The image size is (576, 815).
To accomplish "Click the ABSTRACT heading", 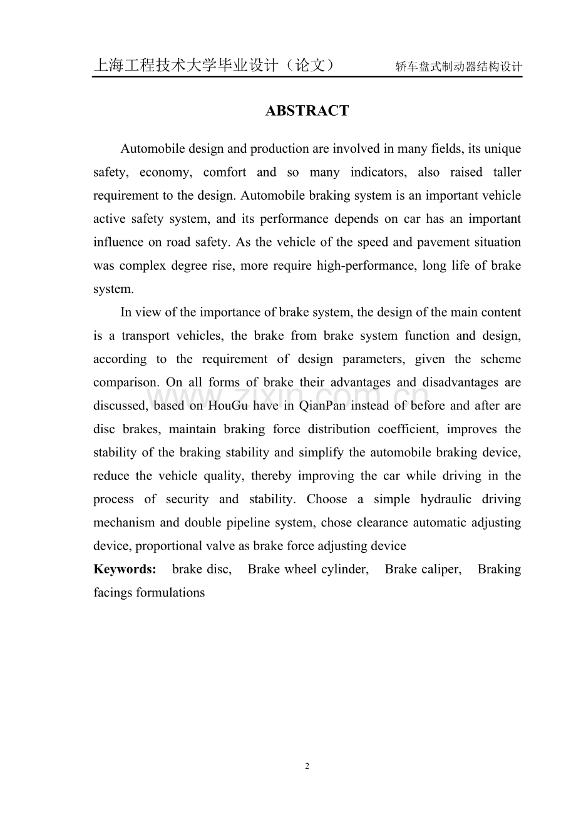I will pos(307,111).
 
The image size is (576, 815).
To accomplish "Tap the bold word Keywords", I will pos(125,570).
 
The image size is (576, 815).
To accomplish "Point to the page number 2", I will pos(307,766).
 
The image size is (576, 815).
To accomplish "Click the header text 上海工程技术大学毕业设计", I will pos(185,66).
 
